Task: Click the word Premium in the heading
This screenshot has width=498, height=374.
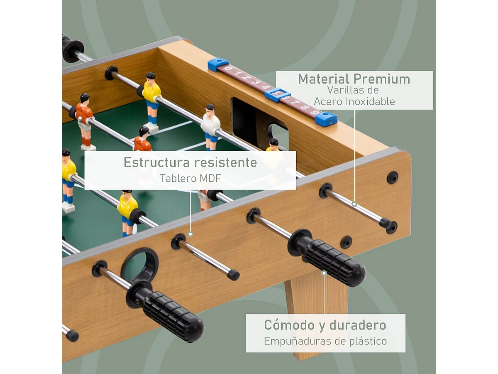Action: click(382, 79)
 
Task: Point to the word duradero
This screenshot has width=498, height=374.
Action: click(358, 325)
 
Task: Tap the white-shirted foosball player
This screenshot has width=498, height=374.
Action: click(210, 127)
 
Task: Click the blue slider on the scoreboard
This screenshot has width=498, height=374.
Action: click(278, 94)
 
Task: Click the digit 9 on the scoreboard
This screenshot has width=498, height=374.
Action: click(315, 112)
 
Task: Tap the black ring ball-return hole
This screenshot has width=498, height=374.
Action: click(139, 265)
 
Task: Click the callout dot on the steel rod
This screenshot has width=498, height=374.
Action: click(354, 204)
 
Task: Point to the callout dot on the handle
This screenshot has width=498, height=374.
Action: click(324, 273)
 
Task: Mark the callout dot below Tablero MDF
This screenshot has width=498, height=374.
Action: click(190, 234)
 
